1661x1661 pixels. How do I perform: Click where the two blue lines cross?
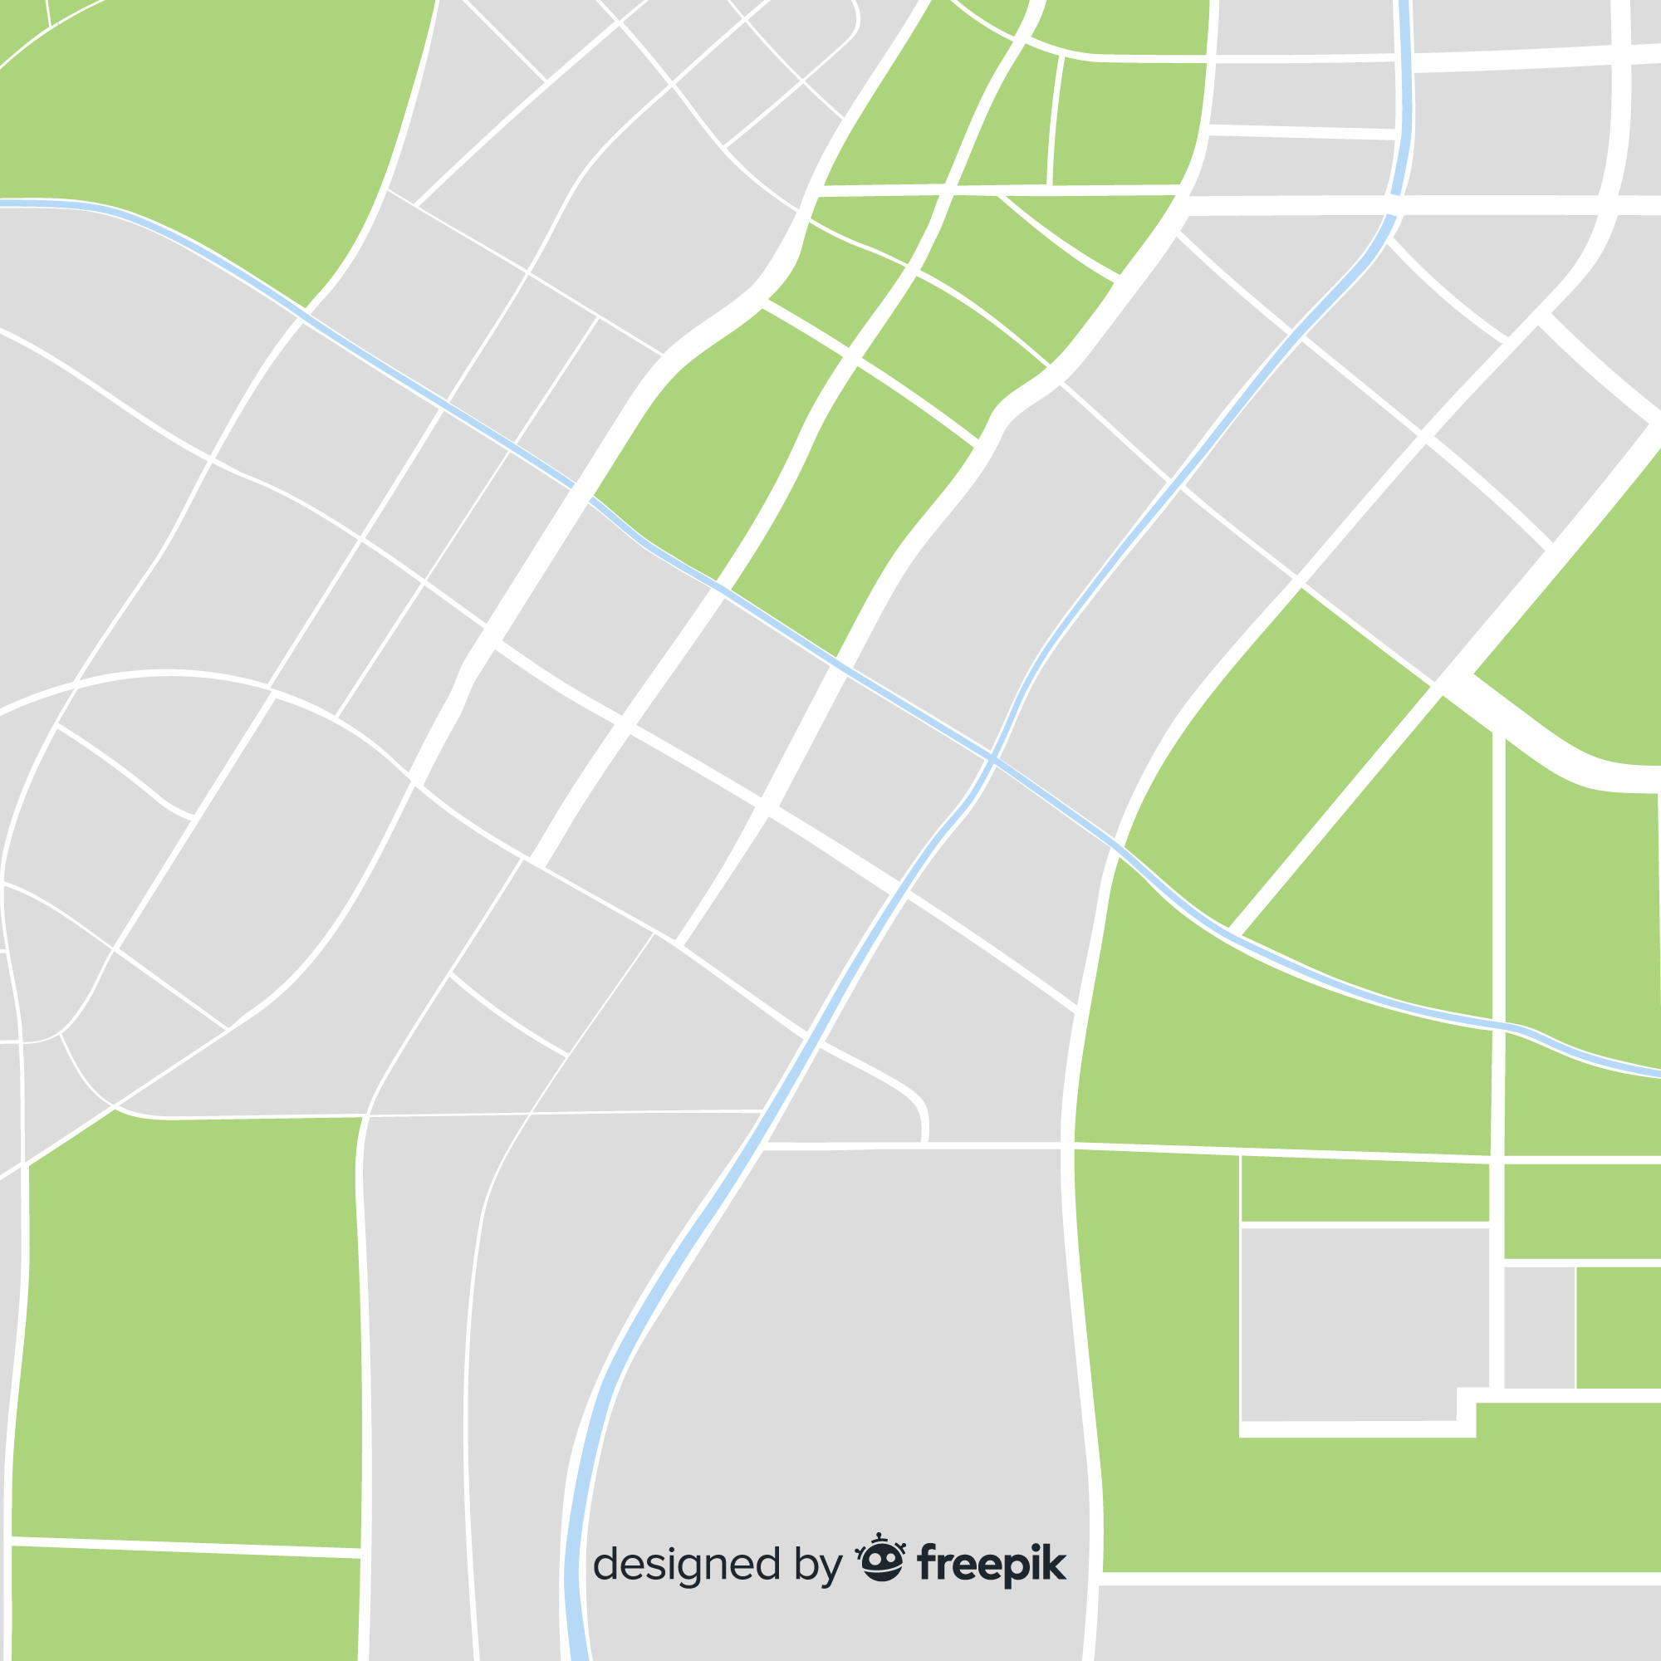point(993,758)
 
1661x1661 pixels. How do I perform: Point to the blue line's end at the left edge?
point(3,203)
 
